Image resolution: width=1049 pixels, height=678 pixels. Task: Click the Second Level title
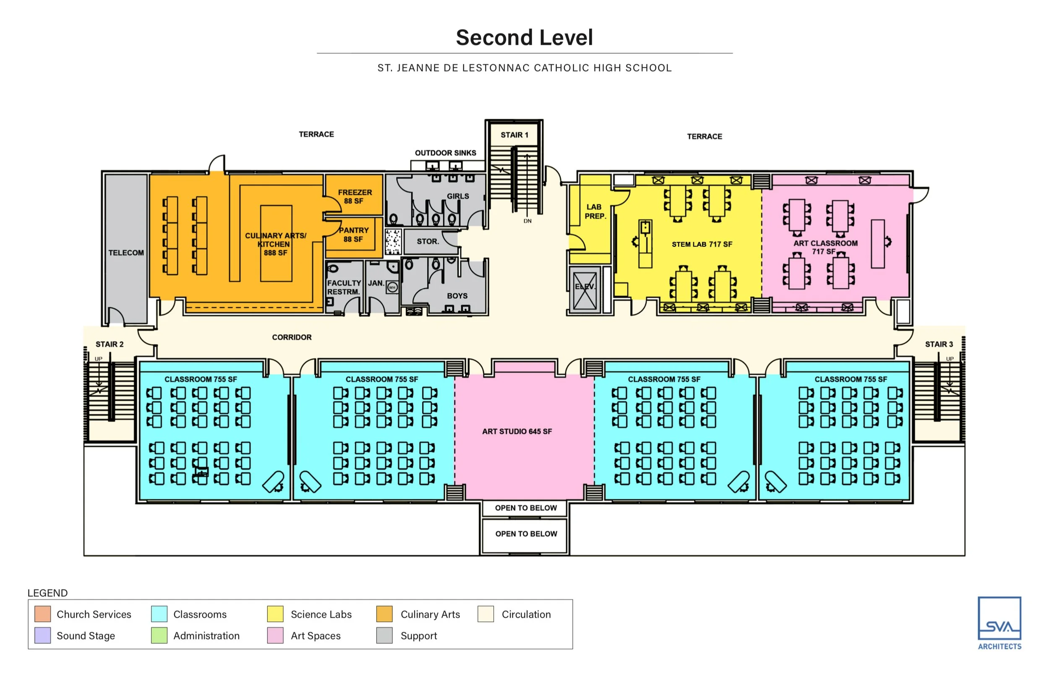[524, 37]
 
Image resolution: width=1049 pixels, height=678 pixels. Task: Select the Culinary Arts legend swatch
[384, 614]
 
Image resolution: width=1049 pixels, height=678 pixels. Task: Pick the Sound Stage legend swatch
[42, 635]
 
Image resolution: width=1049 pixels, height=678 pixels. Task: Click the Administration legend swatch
[159, 635]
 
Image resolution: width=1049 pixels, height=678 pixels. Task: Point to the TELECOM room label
[126, 253]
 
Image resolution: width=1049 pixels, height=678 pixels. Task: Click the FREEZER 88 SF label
[355, 196]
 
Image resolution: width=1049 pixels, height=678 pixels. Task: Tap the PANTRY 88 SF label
[353, 235]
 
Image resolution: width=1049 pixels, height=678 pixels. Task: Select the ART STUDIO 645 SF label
[517, 431]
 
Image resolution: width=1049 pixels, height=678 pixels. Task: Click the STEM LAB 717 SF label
[702, 244]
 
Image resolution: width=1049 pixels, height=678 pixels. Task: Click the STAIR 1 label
[514, 135]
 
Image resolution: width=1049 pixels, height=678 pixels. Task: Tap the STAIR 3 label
[939, 344]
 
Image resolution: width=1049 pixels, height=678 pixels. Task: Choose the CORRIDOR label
[292, 337]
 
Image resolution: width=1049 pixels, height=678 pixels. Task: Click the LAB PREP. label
[594, 211]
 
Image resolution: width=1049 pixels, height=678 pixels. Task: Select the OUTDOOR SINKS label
[445, 153]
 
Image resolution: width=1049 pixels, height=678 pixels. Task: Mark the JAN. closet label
[376, 283]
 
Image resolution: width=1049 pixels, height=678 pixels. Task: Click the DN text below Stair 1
[527, 221]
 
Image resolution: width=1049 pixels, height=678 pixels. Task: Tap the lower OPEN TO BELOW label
[526, 534]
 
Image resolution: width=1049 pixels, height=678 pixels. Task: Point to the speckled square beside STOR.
[393, 242]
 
